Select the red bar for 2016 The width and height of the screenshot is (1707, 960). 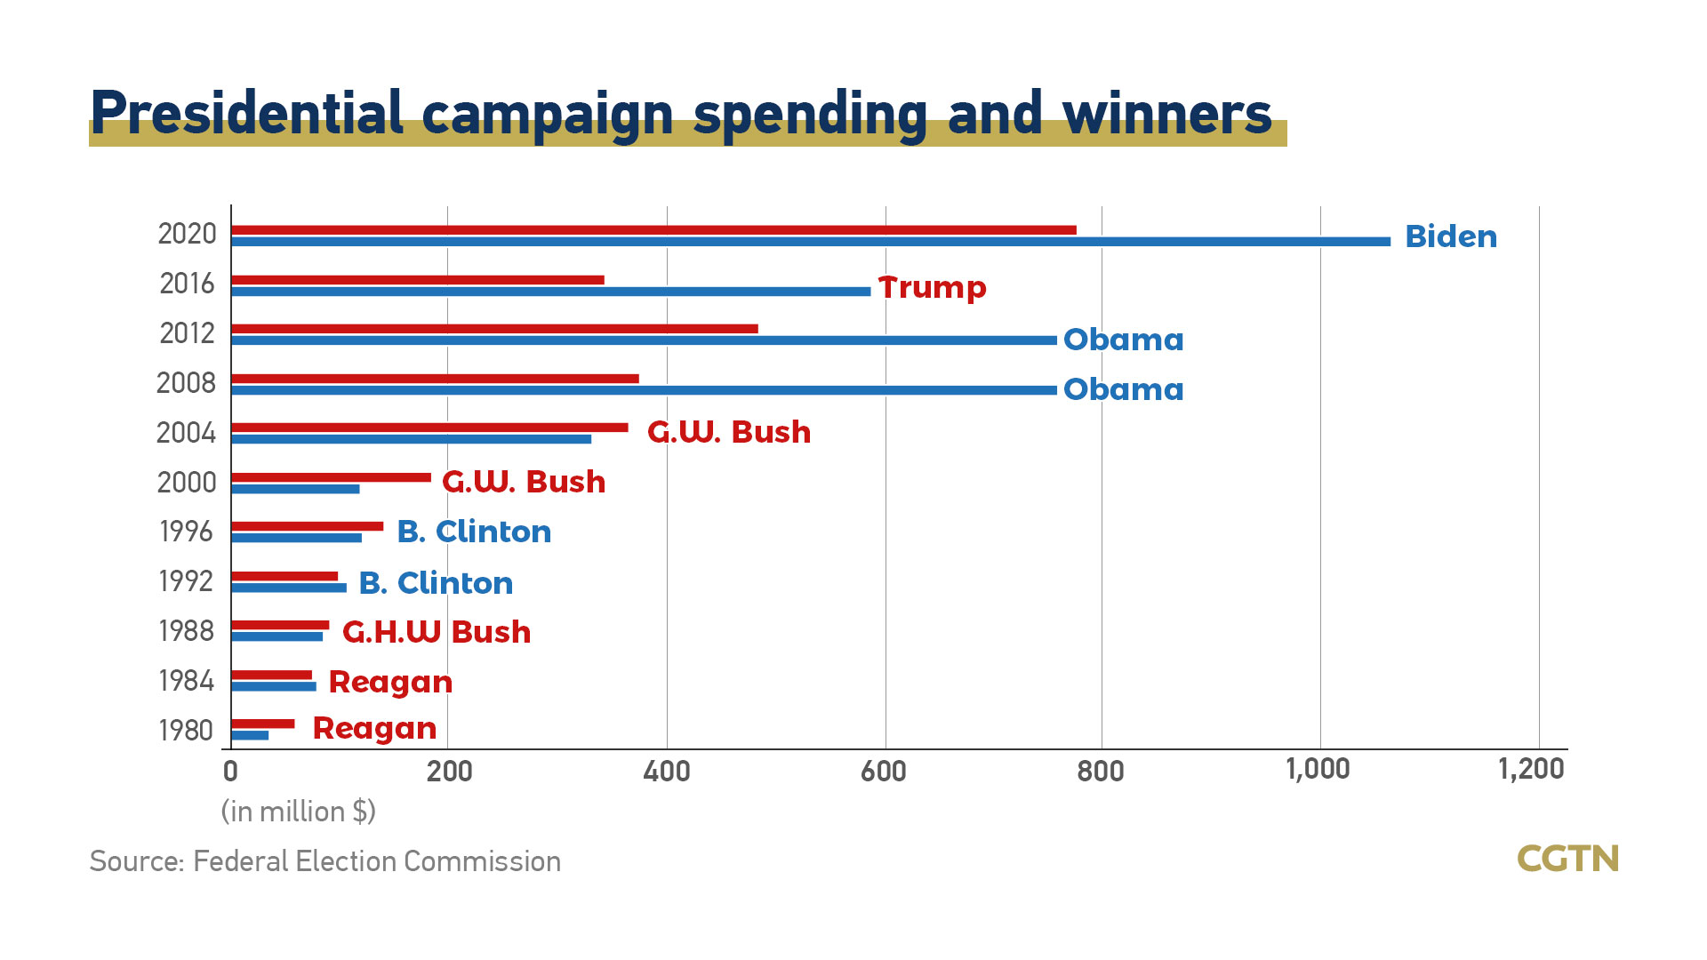tap(418, 280)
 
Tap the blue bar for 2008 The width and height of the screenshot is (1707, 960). tap(645, 390)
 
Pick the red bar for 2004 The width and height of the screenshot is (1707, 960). tap(429, 428)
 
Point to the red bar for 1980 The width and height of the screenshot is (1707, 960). tap(263, 724)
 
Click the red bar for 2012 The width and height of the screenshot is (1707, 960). tap(494, 329)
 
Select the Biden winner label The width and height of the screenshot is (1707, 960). tap(1451, 236)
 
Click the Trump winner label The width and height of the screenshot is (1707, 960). tap(932, 287)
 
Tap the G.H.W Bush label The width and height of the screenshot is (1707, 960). tap(437, 632)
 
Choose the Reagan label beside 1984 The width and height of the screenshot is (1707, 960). tap(390, 682)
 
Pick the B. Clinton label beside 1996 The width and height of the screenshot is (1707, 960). tap(474, 532)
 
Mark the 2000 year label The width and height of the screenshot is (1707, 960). tap(187, 483)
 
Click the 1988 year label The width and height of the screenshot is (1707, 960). tap(187, 631)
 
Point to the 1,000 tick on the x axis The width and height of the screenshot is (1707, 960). tap(1318, 770)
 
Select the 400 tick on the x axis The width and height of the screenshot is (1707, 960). tap(667, 772)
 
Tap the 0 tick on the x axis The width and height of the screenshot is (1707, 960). tap(231, 772)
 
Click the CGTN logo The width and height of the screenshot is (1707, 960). tap(1567, 859)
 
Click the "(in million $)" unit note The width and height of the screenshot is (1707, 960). tap(299, 812)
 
